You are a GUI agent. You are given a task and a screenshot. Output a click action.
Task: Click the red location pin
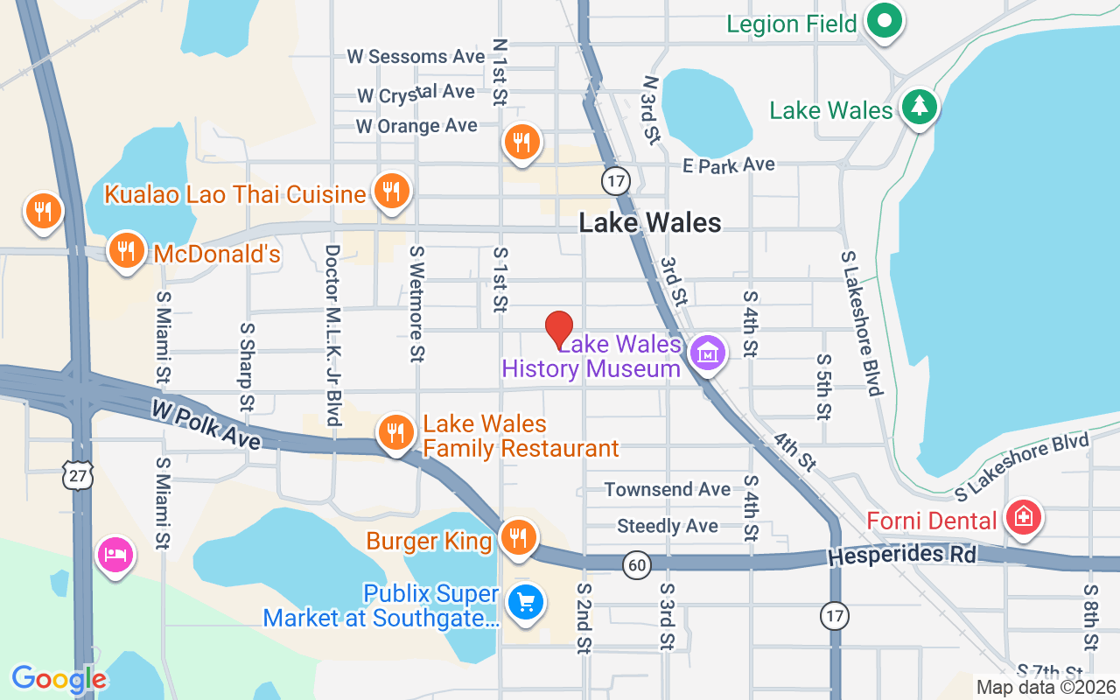point(559,329)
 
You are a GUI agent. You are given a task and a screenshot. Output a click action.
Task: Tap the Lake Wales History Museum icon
point(707,353)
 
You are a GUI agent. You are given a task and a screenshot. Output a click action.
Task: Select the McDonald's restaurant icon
point(127,251)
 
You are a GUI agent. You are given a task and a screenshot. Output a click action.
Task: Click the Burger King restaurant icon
point(520,537)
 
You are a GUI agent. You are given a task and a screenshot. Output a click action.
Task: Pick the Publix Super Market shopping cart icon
point(526,603)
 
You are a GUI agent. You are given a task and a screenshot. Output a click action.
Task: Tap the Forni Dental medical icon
point(1023,517)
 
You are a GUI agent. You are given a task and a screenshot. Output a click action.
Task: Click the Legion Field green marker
point(885,20)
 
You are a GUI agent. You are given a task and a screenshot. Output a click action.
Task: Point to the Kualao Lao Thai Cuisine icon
point(391,191)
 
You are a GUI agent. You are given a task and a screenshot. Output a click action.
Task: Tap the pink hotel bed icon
point(116,555)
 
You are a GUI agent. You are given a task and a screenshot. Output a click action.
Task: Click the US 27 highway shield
point(77,476)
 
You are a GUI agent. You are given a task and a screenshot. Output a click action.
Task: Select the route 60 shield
point(637,565)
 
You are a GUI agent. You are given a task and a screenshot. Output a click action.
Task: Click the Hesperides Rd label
point(901,555)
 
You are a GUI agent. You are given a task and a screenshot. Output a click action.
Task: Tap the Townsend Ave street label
point(667,489)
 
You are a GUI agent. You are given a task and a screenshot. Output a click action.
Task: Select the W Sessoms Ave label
point(416,57)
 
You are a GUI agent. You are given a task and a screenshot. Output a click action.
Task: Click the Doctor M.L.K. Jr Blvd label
point(332,334)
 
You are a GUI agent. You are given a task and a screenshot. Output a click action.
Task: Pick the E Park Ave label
point(729,164)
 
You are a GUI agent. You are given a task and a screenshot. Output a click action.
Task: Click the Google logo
point(59,679)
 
